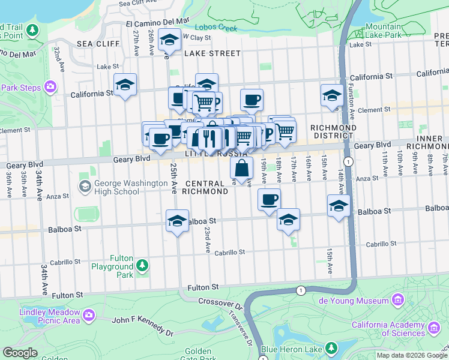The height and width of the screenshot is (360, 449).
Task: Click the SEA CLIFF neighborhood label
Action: [92, 44]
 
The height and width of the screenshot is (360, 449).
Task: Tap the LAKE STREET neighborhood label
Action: [212, 53]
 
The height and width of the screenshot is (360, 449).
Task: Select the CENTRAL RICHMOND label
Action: [206, 187]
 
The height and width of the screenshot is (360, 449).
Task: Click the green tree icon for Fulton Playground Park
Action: [142, 265]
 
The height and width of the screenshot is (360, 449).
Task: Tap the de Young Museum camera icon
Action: [397, 299]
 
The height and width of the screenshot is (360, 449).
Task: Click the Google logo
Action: [20, 353]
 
